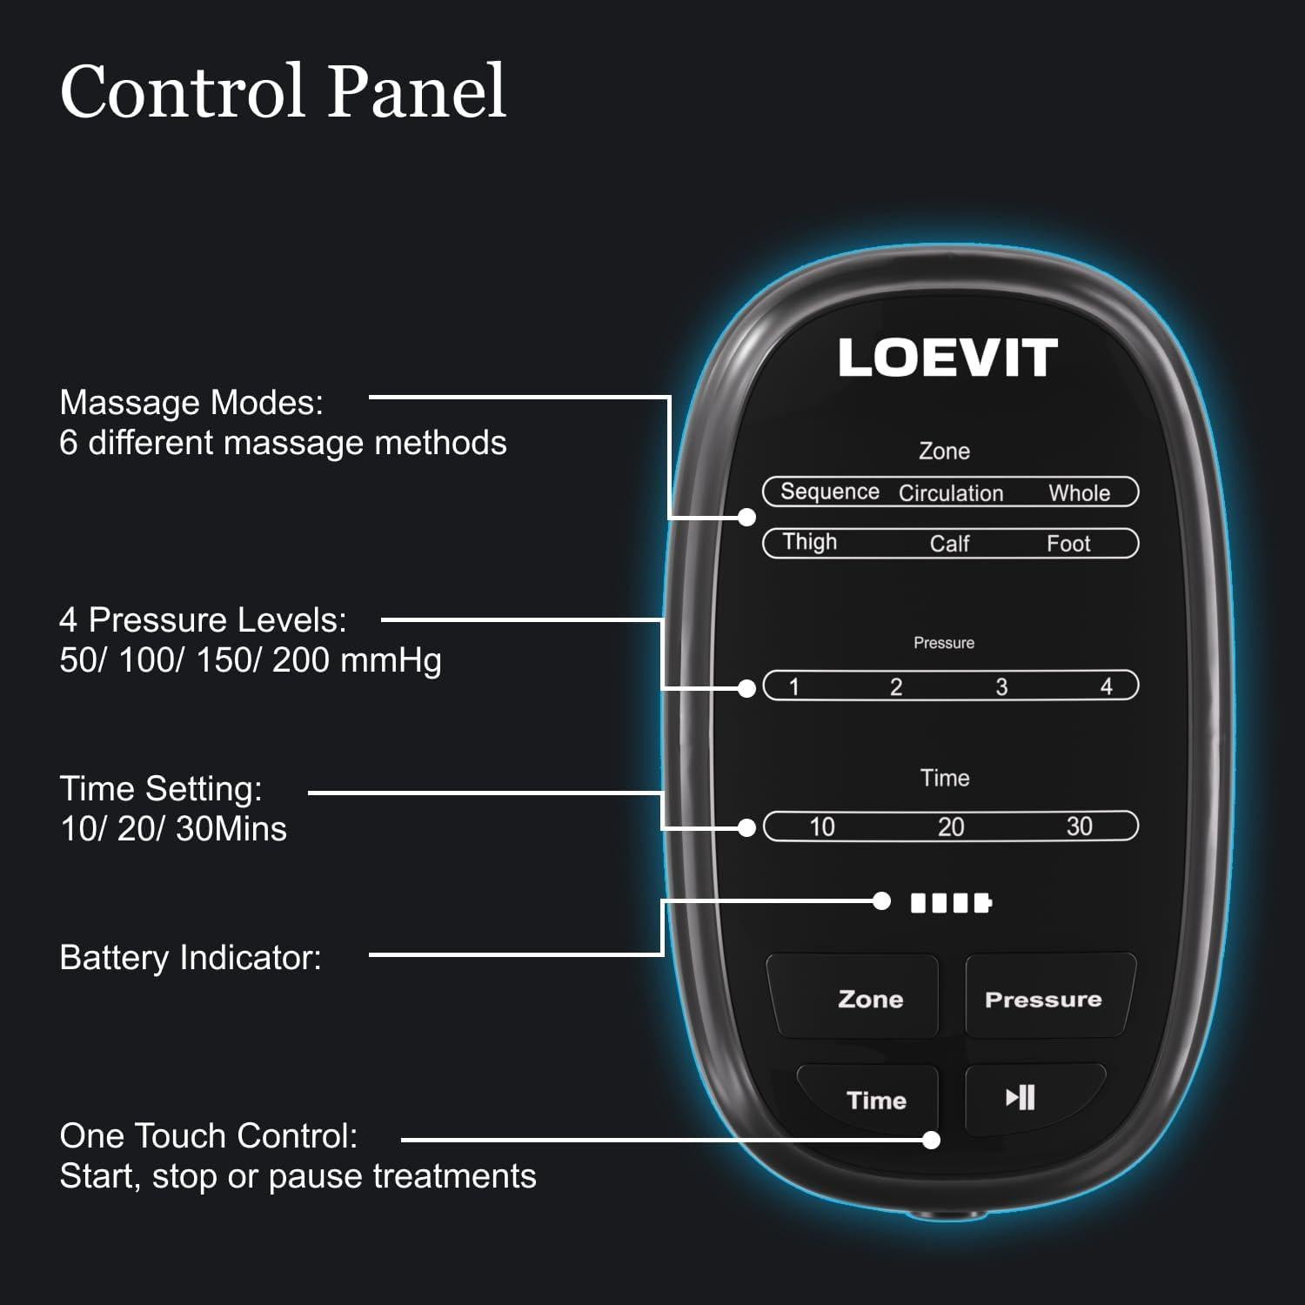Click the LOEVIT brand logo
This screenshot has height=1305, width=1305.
tap(947, 358)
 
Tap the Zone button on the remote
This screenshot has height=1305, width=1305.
tap(853, 997)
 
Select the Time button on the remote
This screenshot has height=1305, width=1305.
tap(869, 1098)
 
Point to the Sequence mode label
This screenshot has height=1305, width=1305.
tap(830, 492)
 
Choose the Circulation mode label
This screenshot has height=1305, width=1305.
tap(951, 493)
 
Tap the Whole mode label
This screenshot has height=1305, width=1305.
tap(1079, 493)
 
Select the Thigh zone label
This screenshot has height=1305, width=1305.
tap(809, 542)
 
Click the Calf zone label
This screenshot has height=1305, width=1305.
tap(949, 544)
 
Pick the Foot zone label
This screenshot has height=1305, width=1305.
tap(1068, 544)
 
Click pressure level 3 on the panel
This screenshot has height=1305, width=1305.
tap(1001, 686)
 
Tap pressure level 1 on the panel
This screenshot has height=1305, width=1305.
tap(793, 686)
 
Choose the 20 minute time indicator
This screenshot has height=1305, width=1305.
tap(951, 826)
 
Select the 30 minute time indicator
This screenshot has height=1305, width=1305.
tap(1079, 826)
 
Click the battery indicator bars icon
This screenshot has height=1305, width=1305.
tap(951, 902)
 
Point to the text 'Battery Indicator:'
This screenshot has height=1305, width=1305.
tap(191, 958)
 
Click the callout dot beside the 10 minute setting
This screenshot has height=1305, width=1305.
tap(746, 827)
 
